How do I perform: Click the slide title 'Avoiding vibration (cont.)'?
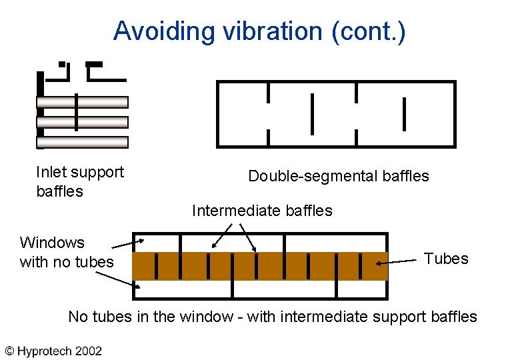(x=259, y=31)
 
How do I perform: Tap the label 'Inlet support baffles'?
(x=80, y=181)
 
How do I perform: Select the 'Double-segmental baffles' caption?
(x=338, y=176)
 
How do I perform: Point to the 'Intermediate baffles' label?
(x=261, y=211)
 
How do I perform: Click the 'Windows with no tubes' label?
(x=66, y=252)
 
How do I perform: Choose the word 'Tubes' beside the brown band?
(x=446, y=259)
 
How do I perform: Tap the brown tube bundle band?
(x=260, y=266)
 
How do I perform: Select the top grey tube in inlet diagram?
(x=82, y=102)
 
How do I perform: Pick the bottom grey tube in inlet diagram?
(x=82, y=142)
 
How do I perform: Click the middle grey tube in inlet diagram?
(x=82, y=122)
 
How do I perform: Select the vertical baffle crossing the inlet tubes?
(x=77, y=111)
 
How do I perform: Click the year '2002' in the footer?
(x=88, y=351)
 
